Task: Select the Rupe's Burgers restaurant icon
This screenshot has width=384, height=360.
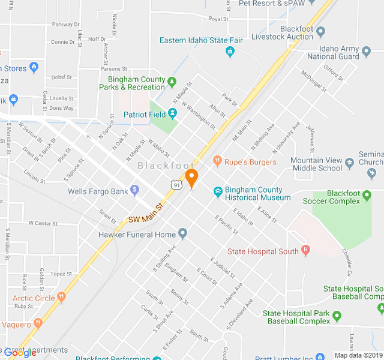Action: (x=217, y=161)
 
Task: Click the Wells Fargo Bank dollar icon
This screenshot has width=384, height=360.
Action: (x=135, y=191)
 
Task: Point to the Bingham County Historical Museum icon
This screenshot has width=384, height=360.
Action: (x=218, y=193)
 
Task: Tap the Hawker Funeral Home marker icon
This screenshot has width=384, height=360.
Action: (x=183, y=233)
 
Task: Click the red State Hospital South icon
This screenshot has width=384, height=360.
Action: (x=305, y=250)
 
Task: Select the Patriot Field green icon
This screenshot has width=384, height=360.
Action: (x=172, y=113)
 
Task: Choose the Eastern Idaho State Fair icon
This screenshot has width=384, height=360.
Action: (x=230, y=52)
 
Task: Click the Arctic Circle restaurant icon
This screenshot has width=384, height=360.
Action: (x=61, y=296)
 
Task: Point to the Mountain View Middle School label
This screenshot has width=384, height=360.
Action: (x=316, y=164)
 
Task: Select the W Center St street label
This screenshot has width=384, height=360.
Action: (x=42, y=223)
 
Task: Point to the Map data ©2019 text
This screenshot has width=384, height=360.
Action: (x=358, y=355)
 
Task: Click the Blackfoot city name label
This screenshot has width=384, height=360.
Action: (x=166, y=165)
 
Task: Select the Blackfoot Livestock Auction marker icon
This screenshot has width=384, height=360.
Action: (x=321, y=32)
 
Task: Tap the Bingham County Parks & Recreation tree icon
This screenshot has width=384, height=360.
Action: (x=172, y=81)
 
